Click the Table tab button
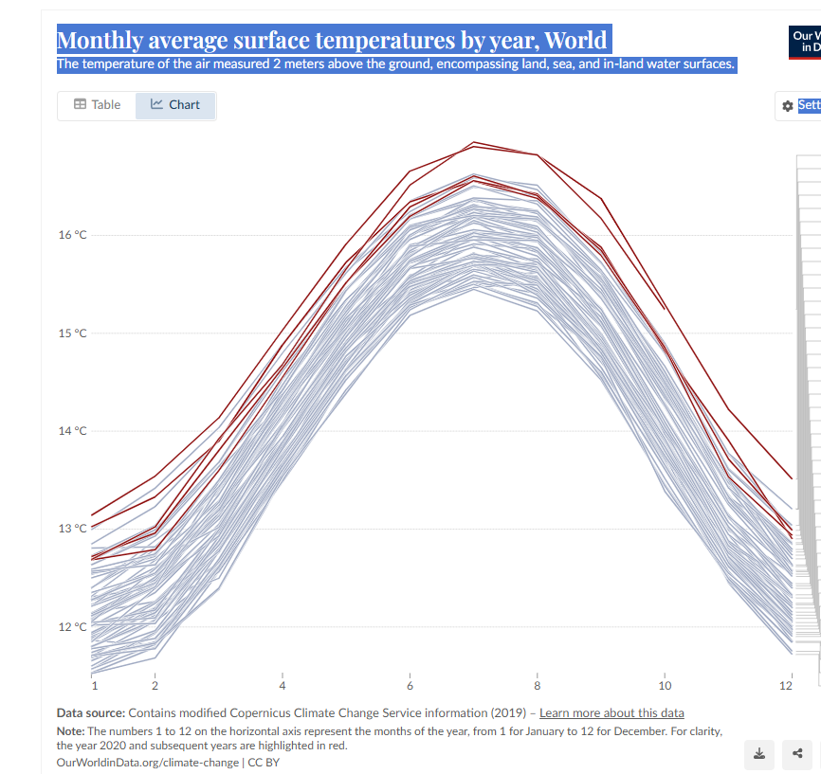[97, 105]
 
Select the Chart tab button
[175, 105]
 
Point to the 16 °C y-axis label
[71, 235]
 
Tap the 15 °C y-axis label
[71, 333]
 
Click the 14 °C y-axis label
[71, 431]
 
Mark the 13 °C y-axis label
[71, 529]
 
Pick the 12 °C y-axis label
[71, 627]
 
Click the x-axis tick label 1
[94, 685]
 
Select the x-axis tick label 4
[283, 685]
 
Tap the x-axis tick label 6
[410, 685]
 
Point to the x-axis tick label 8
[537, 685]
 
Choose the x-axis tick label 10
[665, 685]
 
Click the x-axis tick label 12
[786, 685]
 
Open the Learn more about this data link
[611, 713]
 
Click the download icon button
[758, 754]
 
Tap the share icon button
[797, 754]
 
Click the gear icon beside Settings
[787, 106]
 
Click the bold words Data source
[90, 713]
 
